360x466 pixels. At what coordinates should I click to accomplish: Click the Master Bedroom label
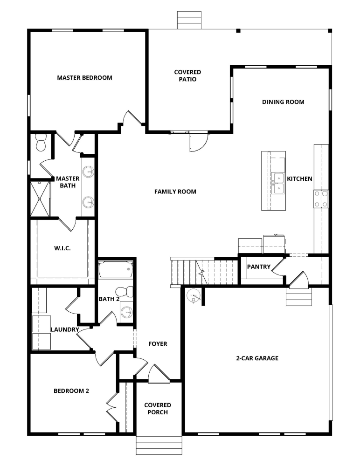pos(84,78)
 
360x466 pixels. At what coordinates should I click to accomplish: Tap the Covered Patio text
pos(187,75)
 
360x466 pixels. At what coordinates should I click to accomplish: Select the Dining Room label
pos(283,102)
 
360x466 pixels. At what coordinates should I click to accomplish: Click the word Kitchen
pos(299,179)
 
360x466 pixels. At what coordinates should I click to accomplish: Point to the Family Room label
pos(175,192)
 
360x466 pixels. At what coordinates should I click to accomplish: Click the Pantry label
pos(259,267)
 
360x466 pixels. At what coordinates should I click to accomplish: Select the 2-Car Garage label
pos(257,358)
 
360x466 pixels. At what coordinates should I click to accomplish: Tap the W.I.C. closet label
pos(62,248)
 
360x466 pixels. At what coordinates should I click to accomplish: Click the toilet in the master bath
pos(41,143)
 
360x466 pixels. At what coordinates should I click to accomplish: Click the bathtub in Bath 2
pos(116,270)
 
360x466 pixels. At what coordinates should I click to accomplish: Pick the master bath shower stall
pos(40,199)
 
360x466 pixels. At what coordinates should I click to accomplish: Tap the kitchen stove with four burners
pos(321,199)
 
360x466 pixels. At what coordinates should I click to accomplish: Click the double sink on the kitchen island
pos(278,183)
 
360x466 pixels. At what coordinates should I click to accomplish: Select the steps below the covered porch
pos(159,445)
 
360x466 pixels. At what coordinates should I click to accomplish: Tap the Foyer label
pos(158,344)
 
